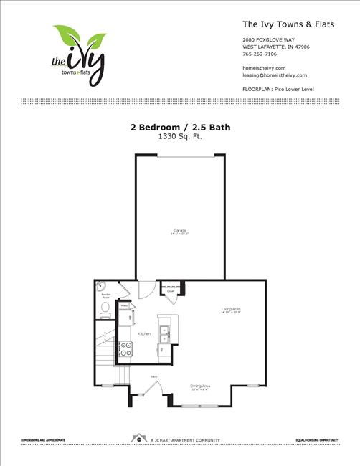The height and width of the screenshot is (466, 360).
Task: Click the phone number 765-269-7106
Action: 259,54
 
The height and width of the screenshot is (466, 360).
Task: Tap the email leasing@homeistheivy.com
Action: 275,75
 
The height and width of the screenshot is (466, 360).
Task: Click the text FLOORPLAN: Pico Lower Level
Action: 279,89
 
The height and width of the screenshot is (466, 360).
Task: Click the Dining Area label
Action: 200,386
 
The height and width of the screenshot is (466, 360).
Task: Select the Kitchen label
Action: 144,334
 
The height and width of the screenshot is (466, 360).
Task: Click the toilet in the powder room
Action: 105,308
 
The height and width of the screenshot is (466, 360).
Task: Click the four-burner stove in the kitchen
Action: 125,349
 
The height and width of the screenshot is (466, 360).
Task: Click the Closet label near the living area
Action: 171,290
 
